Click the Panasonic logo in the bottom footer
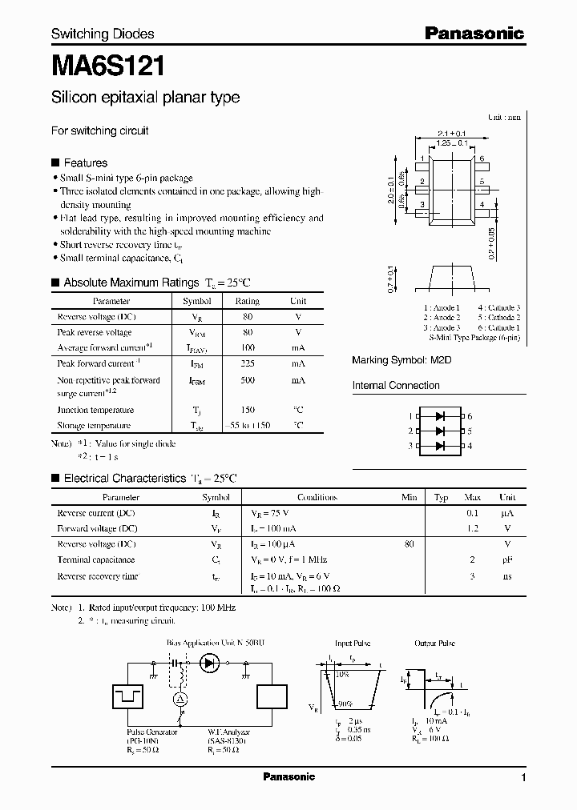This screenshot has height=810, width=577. click(288, 777)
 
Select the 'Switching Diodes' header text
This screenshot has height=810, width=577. click(103, 34)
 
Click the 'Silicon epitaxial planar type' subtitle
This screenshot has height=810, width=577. click(145, 98)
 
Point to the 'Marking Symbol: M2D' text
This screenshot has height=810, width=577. click(401, 360)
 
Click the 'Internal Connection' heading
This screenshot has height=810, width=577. click(396, 386)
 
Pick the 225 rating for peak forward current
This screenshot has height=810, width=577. click(247, 363)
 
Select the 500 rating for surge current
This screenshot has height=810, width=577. click(247, 381)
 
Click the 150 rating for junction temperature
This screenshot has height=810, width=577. click(247, 410)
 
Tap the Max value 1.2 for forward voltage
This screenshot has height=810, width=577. click(473, 528)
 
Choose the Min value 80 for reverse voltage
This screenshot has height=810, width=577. click(410, 544)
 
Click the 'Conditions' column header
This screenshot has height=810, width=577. click(317, 497)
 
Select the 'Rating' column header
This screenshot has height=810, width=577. click(247, 302)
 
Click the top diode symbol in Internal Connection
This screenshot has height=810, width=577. click(440, 416)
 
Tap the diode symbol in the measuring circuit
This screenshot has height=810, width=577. click(211, 663)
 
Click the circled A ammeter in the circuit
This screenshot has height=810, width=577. click(181, 699)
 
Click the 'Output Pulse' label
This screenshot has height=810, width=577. click(435, 643)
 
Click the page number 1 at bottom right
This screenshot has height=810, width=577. click(523, 778)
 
